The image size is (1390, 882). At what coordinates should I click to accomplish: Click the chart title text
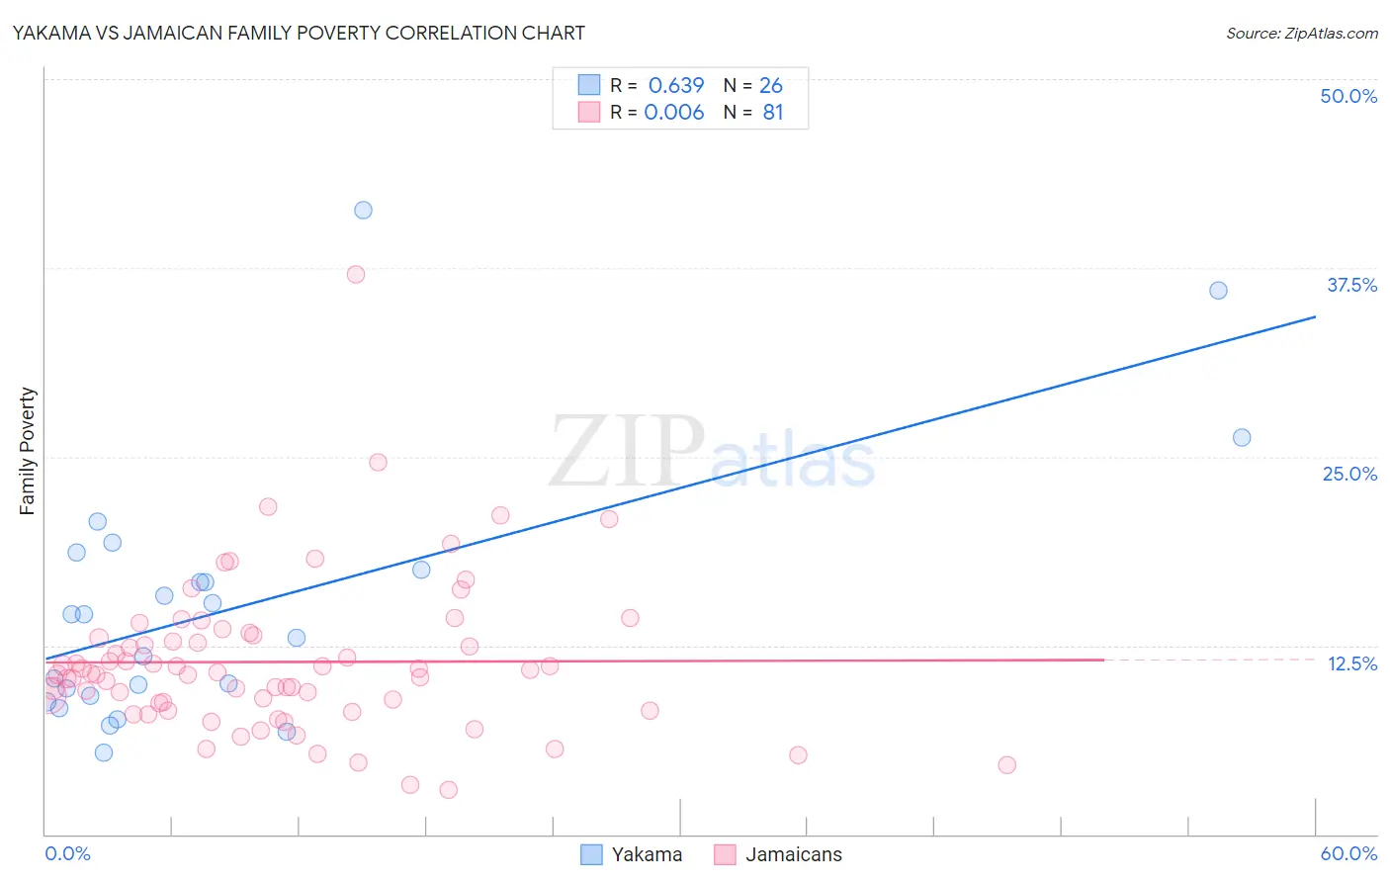pos(298,33)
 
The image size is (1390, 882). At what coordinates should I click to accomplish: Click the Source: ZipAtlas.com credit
pos(1301,33)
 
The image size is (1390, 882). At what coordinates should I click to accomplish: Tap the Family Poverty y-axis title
pos(27,451)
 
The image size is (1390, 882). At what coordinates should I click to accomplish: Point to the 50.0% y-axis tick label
pos(1348,96)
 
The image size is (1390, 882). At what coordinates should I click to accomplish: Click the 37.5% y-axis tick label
pos(1351,285)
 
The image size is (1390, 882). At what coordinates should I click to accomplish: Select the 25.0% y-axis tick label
pos(1349,474)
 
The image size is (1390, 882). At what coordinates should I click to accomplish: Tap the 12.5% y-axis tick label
pos(1351,663)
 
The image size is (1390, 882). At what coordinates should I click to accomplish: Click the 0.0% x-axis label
pos(67,853)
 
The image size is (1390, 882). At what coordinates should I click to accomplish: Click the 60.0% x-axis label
pos(1348,853)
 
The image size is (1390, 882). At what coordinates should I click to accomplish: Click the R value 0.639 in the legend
pos(676,86)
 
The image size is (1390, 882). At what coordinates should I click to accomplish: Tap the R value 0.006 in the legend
pos(674,113)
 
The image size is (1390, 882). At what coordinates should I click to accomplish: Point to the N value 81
pos(772,113)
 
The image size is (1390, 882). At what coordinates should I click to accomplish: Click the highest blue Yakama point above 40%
pos(363,210)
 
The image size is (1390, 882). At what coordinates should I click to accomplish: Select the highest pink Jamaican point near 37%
pos(356,274)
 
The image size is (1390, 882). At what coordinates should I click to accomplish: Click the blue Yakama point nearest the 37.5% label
pos(1218,290)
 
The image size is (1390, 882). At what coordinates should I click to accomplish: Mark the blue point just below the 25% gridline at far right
pos(1242,437)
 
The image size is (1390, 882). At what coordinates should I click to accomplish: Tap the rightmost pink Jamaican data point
pos(1006,764)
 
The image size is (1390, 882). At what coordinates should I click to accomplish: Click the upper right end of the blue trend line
pos(1315,316)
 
